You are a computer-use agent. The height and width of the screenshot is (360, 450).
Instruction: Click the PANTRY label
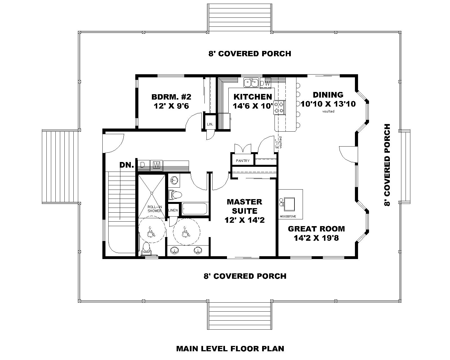click(243, 161)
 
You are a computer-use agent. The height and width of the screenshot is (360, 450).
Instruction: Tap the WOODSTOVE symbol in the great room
click(290, 204)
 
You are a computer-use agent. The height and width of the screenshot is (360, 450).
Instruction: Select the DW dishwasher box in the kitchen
click(265, 83)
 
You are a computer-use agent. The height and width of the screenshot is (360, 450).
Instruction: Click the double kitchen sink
click(251, 83)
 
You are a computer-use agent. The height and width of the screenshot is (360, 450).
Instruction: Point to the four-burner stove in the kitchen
click(280, 107)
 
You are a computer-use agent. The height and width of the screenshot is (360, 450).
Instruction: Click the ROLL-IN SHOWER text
click(155, 209)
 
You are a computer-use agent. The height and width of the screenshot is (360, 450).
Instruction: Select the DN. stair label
click(127, 165)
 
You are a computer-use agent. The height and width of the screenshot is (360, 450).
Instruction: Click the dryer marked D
click(143, 165)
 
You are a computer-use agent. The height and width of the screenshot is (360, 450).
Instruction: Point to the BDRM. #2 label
click(171, 97)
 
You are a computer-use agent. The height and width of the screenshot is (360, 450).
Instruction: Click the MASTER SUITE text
click(244, 206)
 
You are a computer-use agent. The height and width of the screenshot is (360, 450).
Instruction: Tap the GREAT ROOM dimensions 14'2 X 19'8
click(316, 238)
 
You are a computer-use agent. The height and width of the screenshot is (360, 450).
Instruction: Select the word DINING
click(328, 95)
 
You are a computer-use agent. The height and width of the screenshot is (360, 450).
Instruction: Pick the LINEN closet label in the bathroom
click(173, 210)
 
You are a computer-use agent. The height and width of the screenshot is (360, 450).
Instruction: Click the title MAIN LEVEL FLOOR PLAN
click(230, 349)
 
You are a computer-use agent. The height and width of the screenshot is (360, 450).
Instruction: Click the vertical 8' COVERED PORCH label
click(388, 165)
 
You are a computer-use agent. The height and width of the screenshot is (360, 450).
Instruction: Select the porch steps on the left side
click(59, 166)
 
